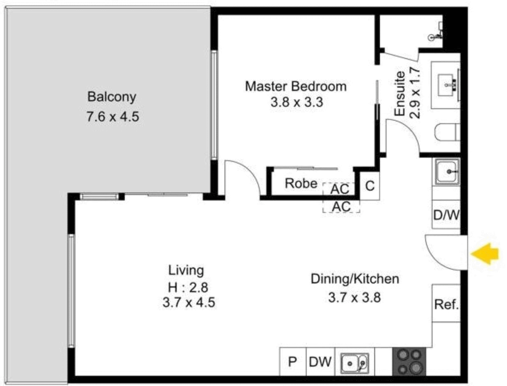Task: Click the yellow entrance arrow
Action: tap(484, 253)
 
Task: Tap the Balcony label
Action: tap(112, 97)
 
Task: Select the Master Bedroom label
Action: tap(296, 86)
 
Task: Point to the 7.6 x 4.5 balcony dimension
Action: tap(113, 117)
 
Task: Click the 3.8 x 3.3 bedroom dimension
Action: tap(297, 102)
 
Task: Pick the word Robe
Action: tap(301, 184)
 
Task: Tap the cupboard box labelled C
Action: tap(370, 185)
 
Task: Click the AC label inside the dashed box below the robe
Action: tap(341, 206)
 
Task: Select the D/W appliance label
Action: tap(446, 215)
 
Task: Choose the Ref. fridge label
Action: tap(446, 304)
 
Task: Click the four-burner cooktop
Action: tap(409, 362)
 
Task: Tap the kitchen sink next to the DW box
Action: tap(355, 363)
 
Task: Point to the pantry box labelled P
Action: tap(292, 362)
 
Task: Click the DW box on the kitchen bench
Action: tap(320, 362)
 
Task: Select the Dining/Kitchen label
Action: tap(355, 279)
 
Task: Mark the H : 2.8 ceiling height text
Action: tap(188, 288)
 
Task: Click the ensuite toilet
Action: tap(447, 132)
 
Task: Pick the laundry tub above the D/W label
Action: tap(447, 172)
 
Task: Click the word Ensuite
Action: tap(400, 94)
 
